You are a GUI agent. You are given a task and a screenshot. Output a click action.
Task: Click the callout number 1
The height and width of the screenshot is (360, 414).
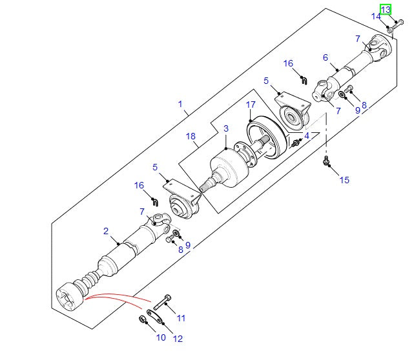180,103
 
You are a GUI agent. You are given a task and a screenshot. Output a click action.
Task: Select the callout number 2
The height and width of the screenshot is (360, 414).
105,230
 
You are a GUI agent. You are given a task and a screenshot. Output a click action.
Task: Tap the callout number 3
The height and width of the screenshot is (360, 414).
226,129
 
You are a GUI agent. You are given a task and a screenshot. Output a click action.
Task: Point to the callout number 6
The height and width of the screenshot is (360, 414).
326,57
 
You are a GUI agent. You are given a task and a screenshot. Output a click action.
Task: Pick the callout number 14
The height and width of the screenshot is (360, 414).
375,16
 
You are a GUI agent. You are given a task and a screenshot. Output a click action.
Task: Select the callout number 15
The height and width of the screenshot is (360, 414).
344,180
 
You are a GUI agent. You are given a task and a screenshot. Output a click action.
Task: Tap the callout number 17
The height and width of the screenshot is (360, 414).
251,104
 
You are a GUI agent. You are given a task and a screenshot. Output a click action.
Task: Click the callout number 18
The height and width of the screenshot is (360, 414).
191,136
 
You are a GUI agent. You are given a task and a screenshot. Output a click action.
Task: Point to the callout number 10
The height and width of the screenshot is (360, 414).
161,337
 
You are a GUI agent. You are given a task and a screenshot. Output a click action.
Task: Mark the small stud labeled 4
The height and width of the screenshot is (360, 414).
296,141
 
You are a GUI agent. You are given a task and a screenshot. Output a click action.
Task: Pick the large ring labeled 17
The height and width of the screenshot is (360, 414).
264,136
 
